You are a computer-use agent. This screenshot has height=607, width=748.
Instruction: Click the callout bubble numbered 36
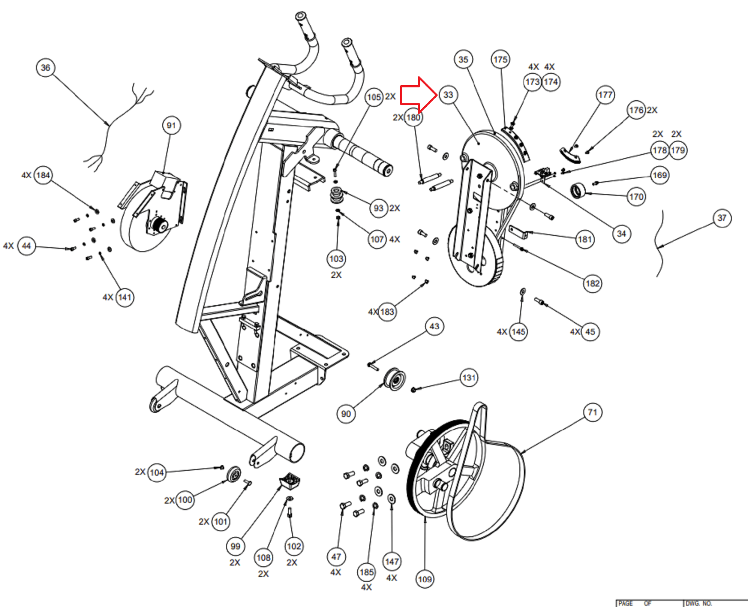coord(45,67)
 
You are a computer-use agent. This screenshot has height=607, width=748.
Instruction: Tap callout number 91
coord(171,125)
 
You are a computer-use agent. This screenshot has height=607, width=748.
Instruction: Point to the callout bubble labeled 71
coord(592,412)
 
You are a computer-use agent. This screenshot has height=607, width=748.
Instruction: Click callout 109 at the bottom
coord(424,579)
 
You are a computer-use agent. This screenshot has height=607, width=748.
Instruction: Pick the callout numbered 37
coord(722,218)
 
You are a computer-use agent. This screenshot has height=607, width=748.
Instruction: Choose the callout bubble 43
coord(434,326)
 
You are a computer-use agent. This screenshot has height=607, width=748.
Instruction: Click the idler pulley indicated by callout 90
coord(394,378)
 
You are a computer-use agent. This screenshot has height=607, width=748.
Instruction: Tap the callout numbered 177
coord(605,95)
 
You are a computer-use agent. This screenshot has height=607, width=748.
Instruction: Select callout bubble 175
coord(500,59)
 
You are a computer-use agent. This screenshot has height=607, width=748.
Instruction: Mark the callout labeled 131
coord(469,378)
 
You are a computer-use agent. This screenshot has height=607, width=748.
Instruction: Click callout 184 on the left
coord(43,175)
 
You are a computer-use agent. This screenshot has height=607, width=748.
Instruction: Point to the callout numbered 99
coord(235,546)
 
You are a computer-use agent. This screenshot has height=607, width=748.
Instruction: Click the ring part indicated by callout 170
coord(578,190)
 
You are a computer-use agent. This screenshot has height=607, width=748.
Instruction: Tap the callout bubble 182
coord(592,283)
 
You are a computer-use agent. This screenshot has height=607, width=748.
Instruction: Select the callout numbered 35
coord(463,59)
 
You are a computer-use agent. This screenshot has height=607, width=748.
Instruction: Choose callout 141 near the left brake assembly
coord(124,297)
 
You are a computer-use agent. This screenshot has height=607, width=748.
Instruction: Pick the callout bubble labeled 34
coord(621,234)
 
